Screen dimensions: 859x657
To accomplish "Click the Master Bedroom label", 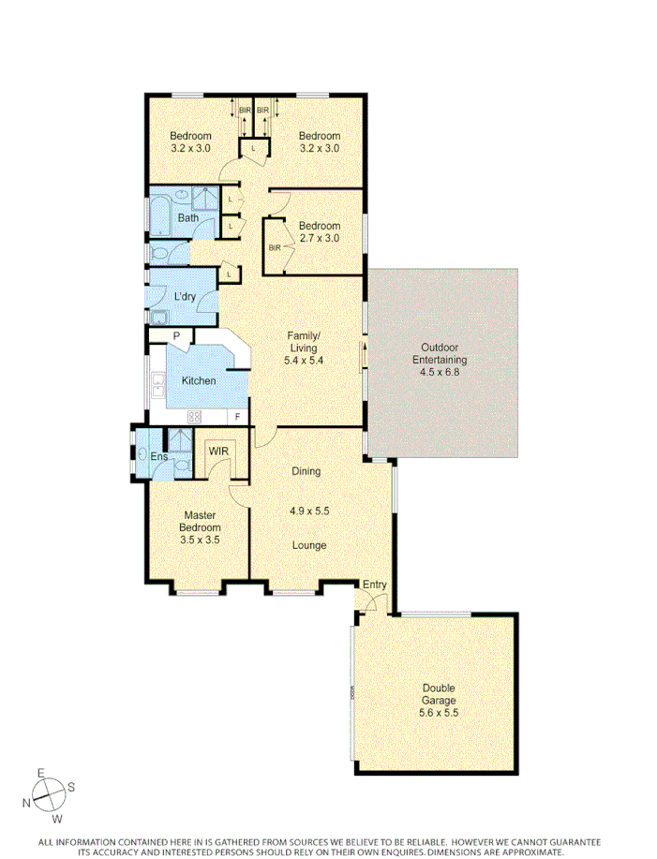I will point(200,522).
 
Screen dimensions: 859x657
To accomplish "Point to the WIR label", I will point(217,452).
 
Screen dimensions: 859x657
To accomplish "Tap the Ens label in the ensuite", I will point(158,456).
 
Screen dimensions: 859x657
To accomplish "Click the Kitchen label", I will point(198,380).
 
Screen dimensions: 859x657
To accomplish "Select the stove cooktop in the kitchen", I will point(196,417).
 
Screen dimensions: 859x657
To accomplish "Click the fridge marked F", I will point(238,417).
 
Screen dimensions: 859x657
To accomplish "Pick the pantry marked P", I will point(175,334).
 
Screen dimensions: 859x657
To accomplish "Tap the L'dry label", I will point(185,297).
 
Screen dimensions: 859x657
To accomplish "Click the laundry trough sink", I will point(157,316).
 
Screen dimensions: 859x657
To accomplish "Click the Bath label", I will point(188,218).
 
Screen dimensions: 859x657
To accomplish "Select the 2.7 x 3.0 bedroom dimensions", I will point(319,238).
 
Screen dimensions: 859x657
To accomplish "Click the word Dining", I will point(306,471).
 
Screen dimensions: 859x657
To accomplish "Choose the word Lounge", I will point(308,545).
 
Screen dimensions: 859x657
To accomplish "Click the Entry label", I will point(375,585).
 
